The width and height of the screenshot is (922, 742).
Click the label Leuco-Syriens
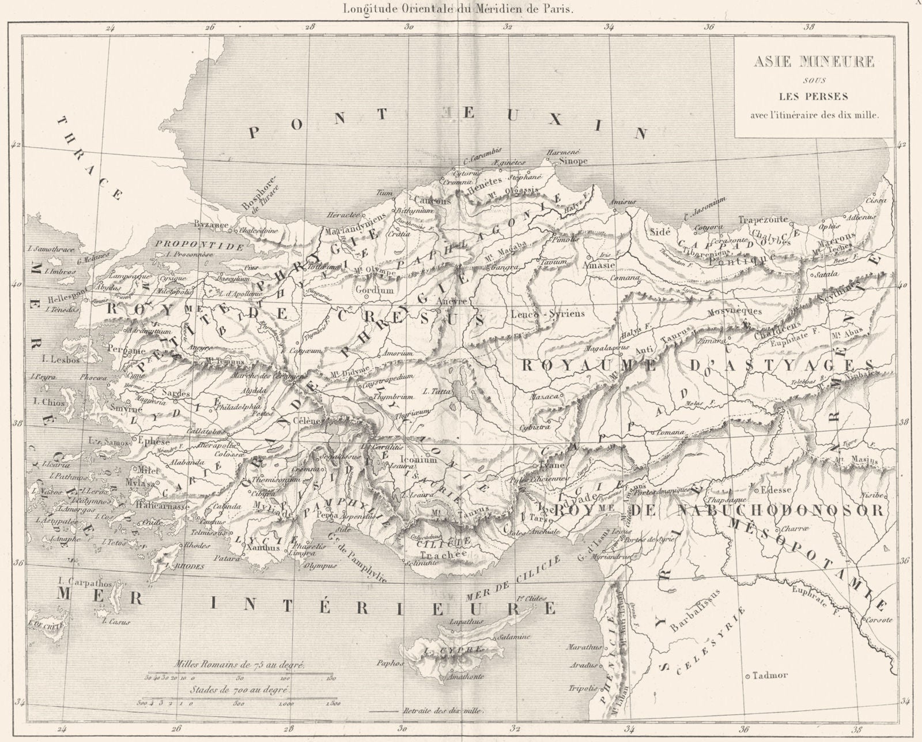(x=547, y=314)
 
